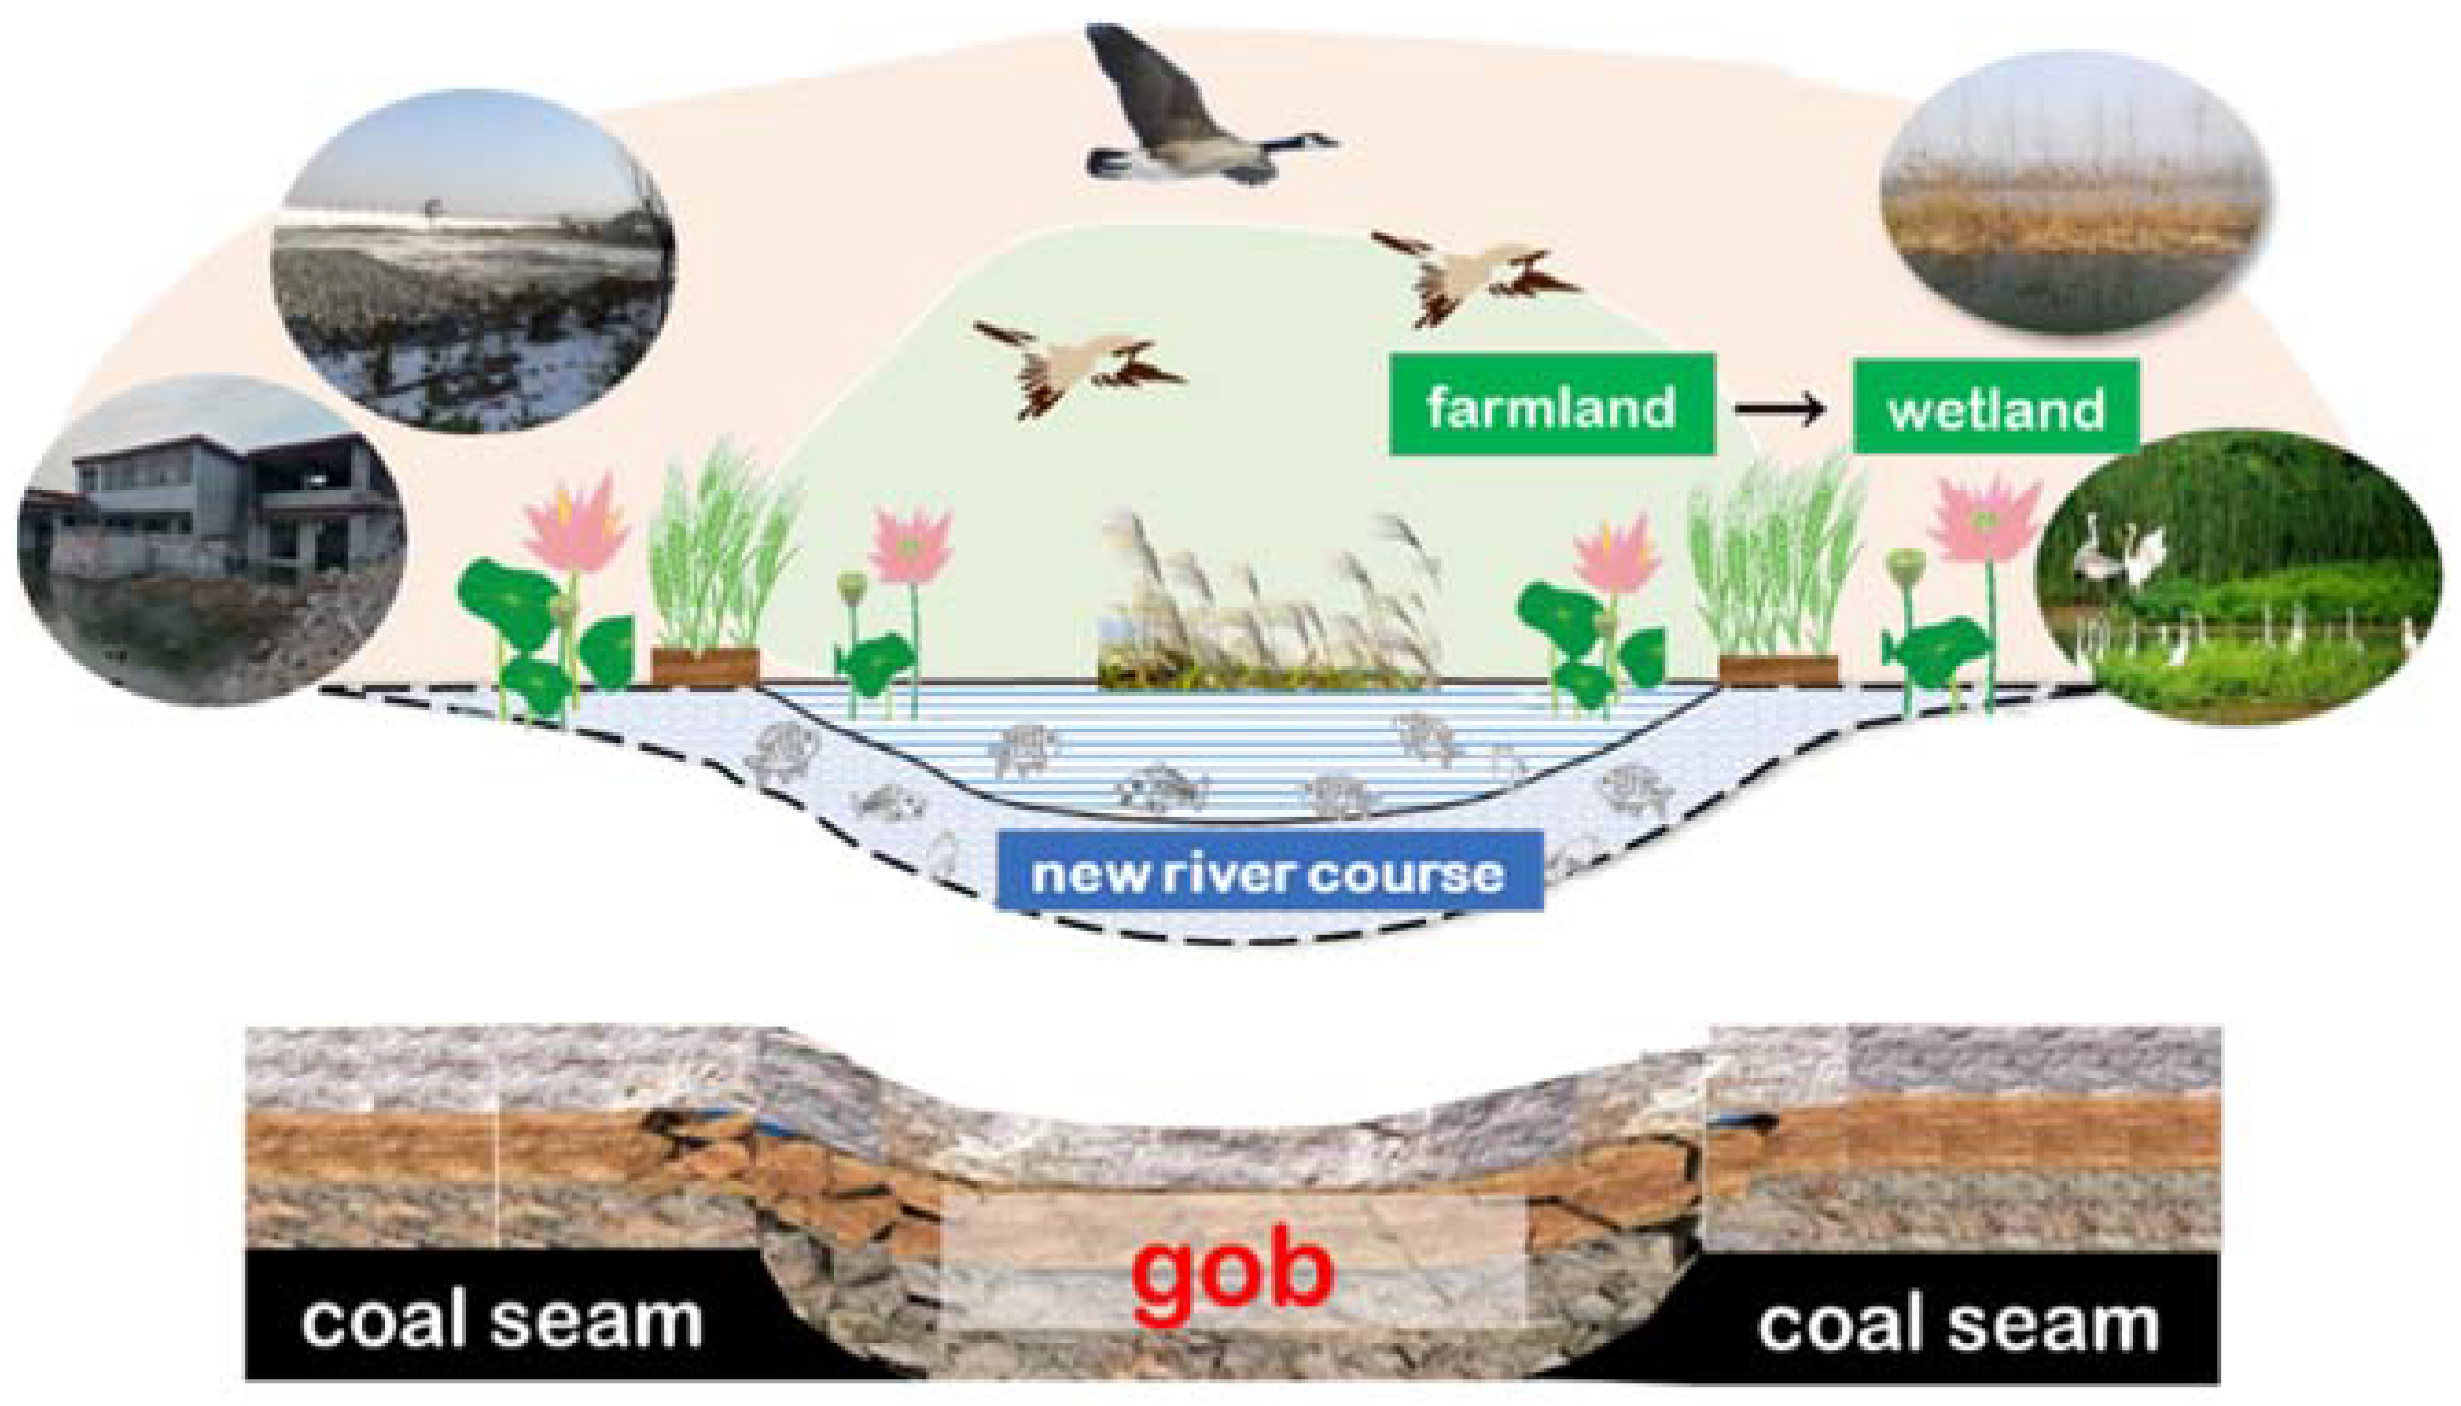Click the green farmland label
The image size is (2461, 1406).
(1550, 406)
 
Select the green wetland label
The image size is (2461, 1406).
(1995, 409)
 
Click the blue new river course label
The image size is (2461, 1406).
(1269, 873)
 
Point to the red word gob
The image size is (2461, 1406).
(1232, 1268)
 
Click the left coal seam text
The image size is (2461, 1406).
(500, 1320)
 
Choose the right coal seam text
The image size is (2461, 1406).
(1958, 1323)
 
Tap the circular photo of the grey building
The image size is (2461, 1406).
(211, 541)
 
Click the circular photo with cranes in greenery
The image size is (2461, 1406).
(2238, 578)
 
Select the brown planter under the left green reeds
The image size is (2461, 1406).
(705, 667)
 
